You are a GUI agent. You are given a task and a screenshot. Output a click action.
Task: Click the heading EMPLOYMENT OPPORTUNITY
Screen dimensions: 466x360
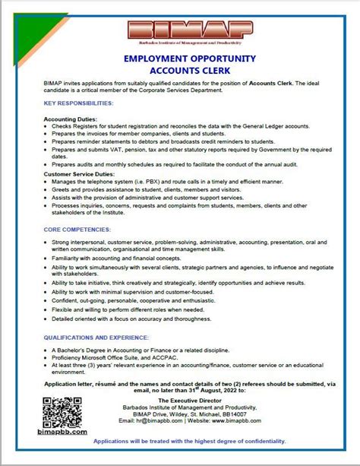click(179, 59)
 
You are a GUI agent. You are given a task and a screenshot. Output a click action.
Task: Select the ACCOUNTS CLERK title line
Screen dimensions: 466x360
click(179, 71)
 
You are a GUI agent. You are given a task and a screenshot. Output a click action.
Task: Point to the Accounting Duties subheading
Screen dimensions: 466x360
click(71, 119)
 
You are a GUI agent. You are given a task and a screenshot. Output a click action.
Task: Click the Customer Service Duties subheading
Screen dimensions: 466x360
click(81, 174)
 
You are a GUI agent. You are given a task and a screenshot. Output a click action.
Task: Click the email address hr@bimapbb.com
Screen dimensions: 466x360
click(156, 420)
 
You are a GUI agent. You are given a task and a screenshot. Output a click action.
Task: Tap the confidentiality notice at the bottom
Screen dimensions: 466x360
click(189, 441)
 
